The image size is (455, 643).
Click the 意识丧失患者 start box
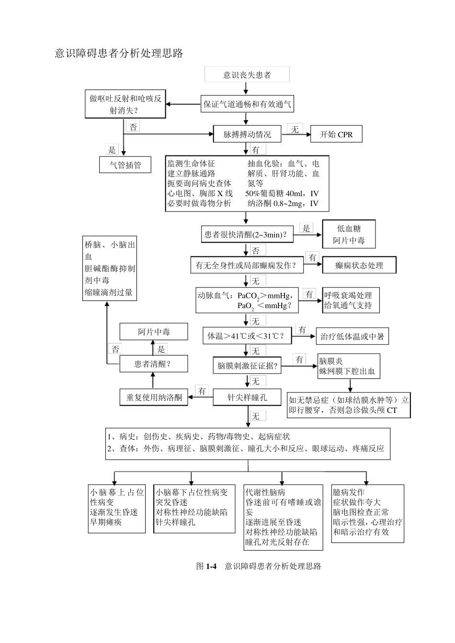point(247,75)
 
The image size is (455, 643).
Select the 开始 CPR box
point(336,134)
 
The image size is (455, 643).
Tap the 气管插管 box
point(125,165)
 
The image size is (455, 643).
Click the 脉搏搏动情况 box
point(247,134)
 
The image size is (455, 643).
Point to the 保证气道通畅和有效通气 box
point(247,104)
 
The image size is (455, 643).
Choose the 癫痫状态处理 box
point(359,265)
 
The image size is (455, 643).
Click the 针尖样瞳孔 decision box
point(247,397)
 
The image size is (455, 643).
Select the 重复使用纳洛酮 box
point(154,397)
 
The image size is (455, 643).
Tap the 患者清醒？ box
point(153,364)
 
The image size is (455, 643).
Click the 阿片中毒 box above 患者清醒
point(153,332)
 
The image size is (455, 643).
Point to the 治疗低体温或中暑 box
point(352,337)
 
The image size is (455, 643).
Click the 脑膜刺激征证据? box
point(247,366)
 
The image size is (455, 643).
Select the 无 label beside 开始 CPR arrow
point(295,129)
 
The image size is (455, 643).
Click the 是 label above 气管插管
point(112,150)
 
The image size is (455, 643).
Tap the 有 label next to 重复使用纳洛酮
point(202,391)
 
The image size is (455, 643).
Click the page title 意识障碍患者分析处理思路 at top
point(119,53)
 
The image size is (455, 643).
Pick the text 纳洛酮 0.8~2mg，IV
point(283,203)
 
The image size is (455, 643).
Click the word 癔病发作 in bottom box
point(349,492)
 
